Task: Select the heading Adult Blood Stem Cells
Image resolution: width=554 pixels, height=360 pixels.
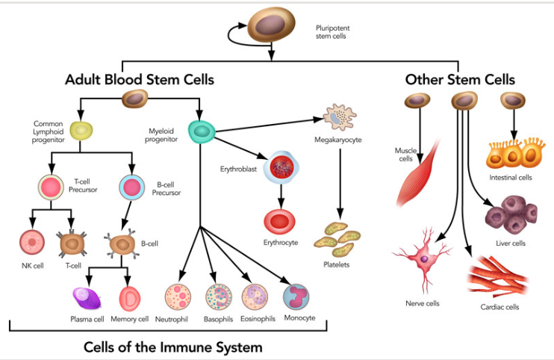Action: pyautogui.click(x=140, y=78)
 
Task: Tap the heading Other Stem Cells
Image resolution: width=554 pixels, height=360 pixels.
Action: pyautogui.click(x=459, y=79)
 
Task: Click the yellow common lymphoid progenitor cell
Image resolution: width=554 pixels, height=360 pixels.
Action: pyautogui.click(x=81, y=130)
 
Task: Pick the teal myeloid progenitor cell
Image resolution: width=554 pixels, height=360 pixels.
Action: pyautogui.click(x=201, y=132)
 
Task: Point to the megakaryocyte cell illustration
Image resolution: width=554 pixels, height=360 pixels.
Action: pyautogui.click(x=339, y=116)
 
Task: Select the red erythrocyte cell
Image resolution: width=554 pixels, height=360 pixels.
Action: pyautogui.click(x=279, y=221)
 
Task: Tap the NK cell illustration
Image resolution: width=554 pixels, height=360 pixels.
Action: pyautogui.click(x=33, y=243)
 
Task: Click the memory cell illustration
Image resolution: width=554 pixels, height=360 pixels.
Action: pyautogui.click(x=130, y=299)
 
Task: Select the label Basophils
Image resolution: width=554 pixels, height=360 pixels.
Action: pyautogui.click(x=218, y=319)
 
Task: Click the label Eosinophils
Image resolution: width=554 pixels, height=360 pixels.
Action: pyautogui.click(x=258, y=319)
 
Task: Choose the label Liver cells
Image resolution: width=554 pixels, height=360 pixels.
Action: pyautogui.click(x=511, y=243)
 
